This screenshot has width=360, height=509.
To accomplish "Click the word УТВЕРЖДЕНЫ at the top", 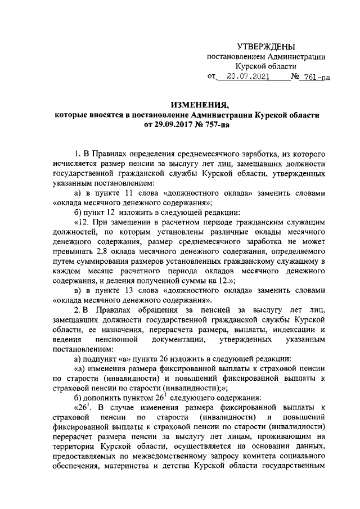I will click(x=266, y=46).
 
